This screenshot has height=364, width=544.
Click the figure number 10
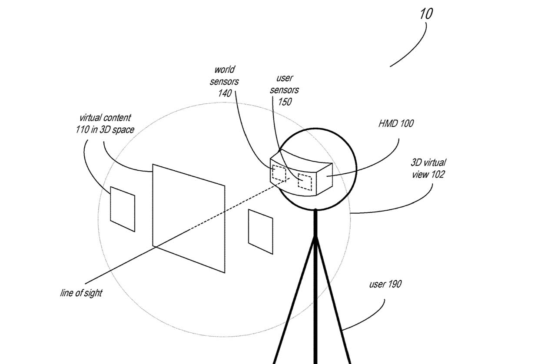[426, 13]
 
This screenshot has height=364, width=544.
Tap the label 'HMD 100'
[395, 123]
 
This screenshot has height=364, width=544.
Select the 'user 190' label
[385, 285]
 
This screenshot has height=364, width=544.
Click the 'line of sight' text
[81, 293]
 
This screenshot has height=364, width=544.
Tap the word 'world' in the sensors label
[224, 69]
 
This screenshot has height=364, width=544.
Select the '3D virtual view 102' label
[428, 169]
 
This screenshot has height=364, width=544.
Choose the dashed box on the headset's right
[305, 182]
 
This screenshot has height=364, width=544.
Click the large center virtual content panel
[189, 217]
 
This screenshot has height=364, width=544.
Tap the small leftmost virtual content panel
[122, 208]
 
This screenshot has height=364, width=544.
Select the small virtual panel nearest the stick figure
[260, 232]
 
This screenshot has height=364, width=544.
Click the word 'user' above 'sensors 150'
[285, 79]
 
